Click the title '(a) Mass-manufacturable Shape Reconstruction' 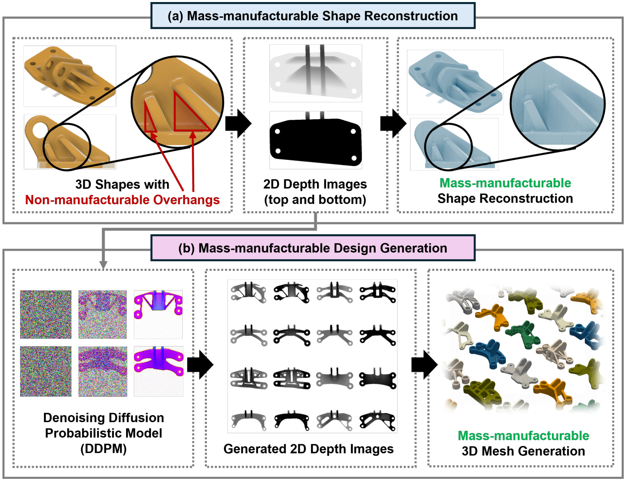click(x=312, y=16)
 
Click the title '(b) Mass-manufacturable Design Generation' click(x=312, y=248)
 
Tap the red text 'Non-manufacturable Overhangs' click(x=122, y=200)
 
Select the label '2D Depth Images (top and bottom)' click(x=315, y=192)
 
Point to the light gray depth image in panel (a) click(x=315, y=73)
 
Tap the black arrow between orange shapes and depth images click(x=238, y=123)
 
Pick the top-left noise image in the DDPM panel click(x=46, y=314)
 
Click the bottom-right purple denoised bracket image click(x=158, y=371)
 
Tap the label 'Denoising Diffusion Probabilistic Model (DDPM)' click(x=103, y=433)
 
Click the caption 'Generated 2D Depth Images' click(x=308, y=449)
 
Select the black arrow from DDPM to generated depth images click(x=200, y=365)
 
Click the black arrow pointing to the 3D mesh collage click(x=424, y=365)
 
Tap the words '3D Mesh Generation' click(x=523, y=451)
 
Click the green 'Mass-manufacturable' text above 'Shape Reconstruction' click(x=505, y=183)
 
